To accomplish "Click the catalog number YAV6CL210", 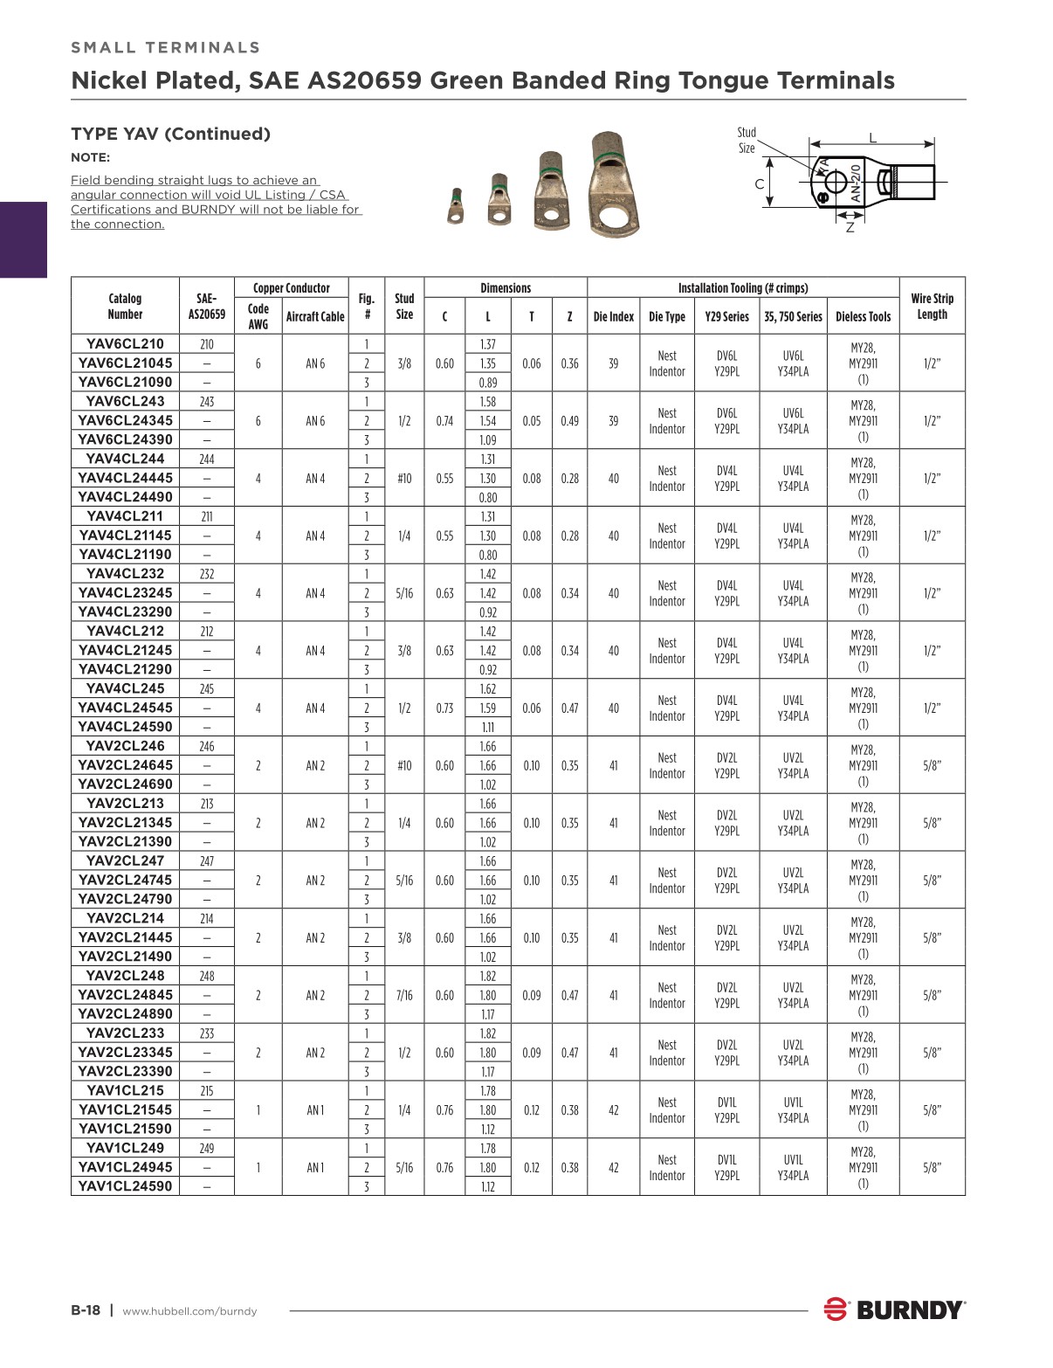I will [x=125, y=343].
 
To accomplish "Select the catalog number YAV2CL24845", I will [x=125, y=994].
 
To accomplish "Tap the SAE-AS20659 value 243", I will [x=206, y=402].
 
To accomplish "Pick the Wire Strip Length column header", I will [x=932, y=306].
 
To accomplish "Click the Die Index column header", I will [x=613, y=316].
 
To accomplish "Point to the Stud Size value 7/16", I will [x=404, y=995].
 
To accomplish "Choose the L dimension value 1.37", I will [x=487, y=344].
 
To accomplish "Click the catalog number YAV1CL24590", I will [x=125, y=1185].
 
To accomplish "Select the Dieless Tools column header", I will [x=863, y=316].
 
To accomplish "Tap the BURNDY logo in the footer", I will [x=894, y=1309].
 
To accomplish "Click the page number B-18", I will [x=86, y=1310].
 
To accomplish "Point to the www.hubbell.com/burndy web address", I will [x=189, y=1311].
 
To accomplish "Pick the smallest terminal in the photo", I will [x=455, y=207].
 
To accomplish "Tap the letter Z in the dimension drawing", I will [x=850, y=227].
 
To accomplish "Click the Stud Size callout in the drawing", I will [x=747, y=141].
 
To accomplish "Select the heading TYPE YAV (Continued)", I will [x=170, y=134].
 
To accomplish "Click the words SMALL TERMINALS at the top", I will [x=166, y=47].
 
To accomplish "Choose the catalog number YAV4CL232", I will [x=125, y=573].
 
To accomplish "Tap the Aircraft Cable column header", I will [x=315, y=316].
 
